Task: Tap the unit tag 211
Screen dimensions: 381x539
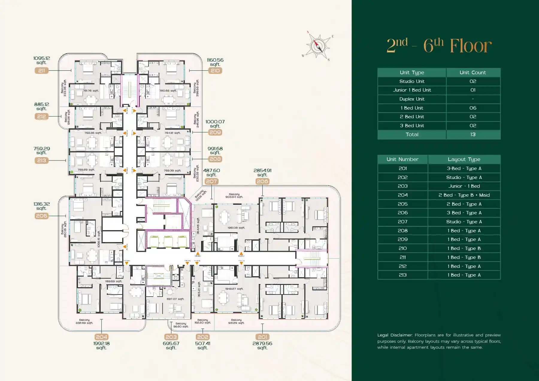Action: tap(41, 71)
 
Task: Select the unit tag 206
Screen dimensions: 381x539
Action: tap(262, 181)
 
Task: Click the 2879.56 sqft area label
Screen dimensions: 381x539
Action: tap(262, 345)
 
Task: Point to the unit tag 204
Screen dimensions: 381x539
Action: tap(101, 337)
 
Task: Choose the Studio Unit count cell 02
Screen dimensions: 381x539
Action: tap(473, 81)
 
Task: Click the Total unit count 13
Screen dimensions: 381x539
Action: tap(473, 135)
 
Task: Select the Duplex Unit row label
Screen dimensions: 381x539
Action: tap(412, 99)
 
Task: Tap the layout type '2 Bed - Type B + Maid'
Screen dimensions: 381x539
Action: tap(464, 195)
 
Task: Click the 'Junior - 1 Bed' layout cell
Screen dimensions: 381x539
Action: tap(464, 186)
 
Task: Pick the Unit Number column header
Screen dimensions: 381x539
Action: tap(402, 160)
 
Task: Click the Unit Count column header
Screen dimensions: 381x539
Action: tap(473, 72)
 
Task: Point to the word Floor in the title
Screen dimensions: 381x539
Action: tap(471, 46)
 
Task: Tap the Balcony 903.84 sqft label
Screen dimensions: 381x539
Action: tap(234, 195)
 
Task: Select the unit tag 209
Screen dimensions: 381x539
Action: tap(215, 132)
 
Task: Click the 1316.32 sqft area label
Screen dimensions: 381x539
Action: tap(42, 206)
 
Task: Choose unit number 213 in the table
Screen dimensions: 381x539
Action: tap(402, 275)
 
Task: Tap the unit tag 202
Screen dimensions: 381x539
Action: tap(202, 337)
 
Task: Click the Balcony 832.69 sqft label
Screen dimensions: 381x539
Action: tap(84, 321)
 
